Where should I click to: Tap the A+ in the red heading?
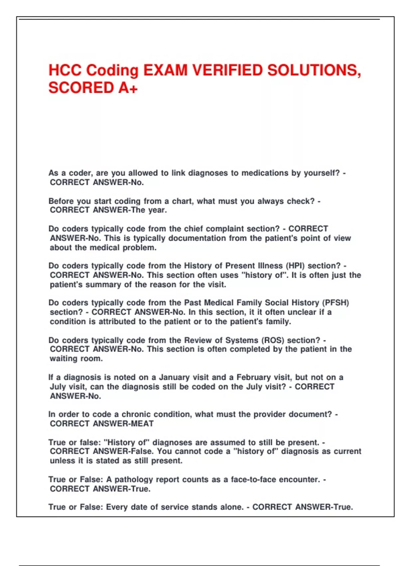128,88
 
